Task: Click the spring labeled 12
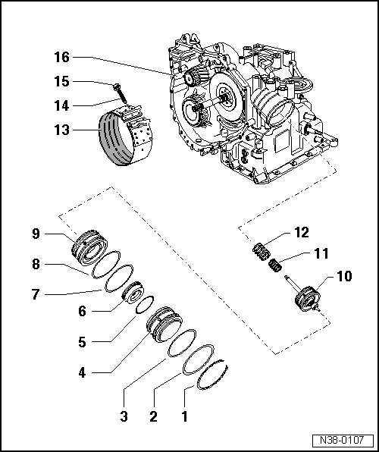click(262, 250)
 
